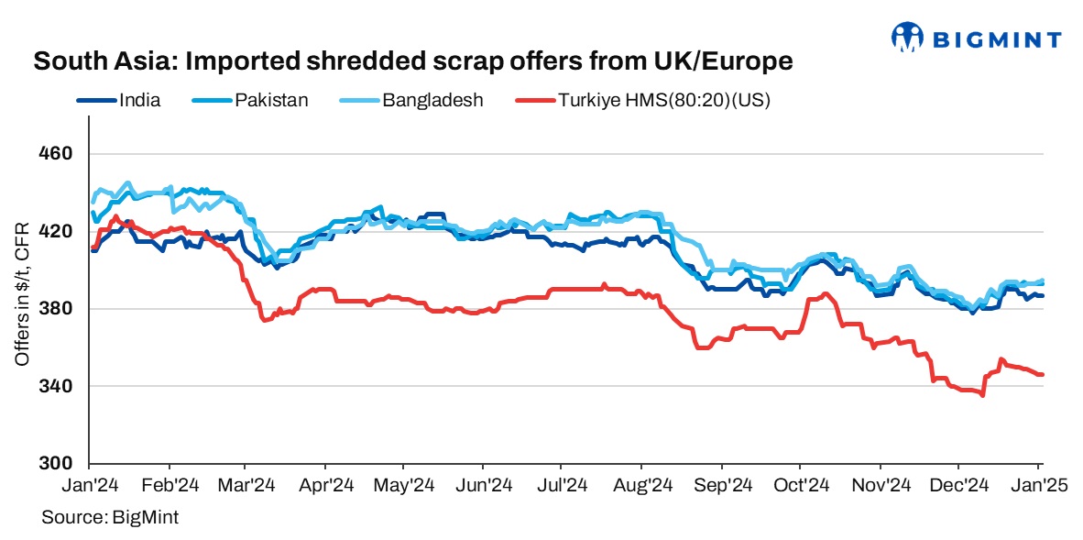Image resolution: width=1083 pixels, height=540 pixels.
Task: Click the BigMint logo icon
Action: (907, 38)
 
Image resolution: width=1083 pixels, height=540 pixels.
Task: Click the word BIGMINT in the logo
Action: (997, 39)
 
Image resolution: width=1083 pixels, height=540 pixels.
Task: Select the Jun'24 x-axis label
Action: (484, 482)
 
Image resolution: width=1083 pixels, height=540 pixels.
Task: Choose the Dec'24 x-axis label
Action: (958, 482)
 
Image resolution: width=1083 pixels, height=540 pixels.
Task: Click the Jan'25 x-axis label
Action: (1037, 482)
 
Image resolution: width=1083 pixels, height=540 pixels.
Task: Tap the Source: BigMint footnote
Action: (110, 518)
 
